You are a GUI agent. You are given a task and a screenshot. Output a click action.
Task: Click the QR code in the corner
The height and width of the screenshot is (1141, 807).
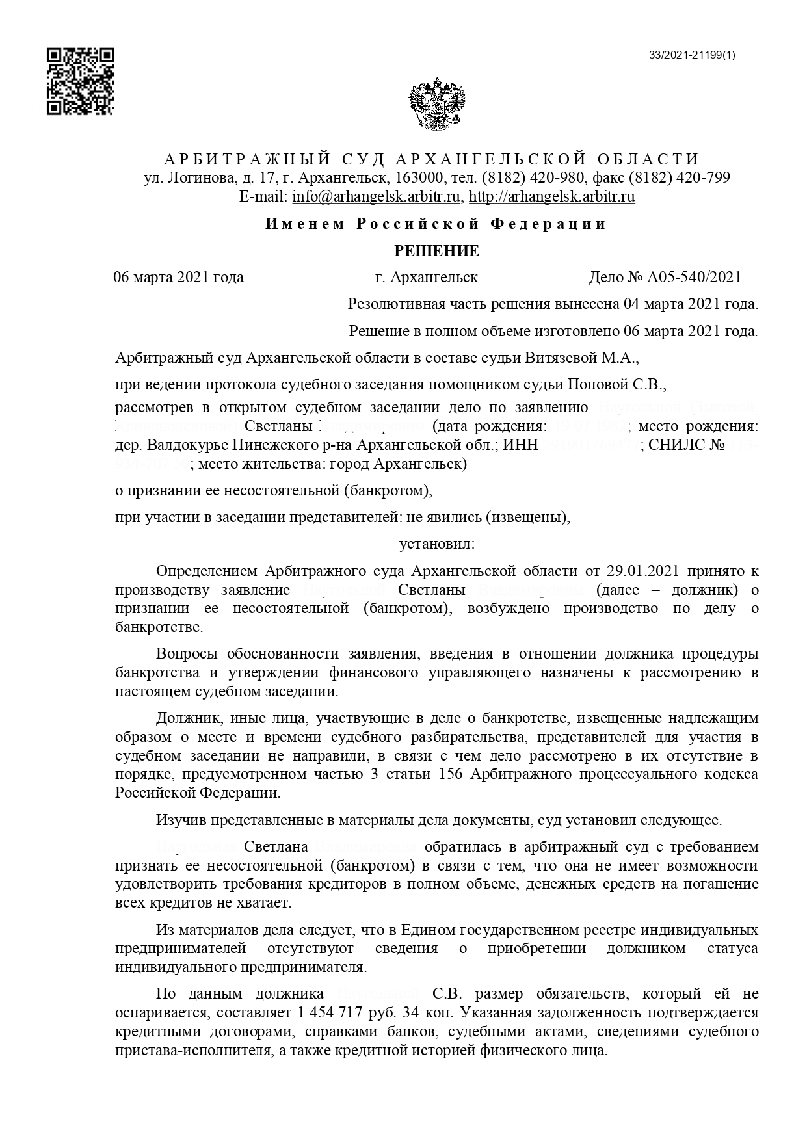pos(80,81)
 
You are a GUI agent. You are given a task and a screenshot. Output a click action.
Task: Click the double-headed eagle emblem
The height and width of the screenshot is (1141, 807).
pos(437,104)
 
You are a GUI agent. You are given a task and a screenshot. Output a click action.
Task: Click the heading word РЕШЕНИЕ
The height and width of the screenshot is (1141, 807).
pos(437,251)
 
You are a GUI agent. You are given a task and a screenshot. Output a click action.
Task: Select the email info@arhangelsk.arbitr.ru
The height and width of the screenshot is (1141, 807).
pos(377,196)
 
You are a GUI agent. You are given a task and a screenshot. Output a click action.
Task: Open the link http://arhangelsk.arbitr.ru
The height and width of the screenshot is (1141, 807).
pos(552,196)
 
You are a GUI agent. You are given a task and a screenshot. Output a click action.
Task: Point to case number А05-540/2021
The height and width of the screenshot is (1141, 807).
pos(694,278)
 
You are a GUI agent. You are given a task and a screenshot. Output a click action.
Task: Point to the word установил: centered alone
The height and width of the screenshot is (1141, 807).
pos(437,542)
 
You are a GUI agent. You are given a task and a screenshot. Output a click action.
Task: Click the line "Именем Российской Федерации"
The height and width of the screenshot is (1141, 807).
pos(436,224)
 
